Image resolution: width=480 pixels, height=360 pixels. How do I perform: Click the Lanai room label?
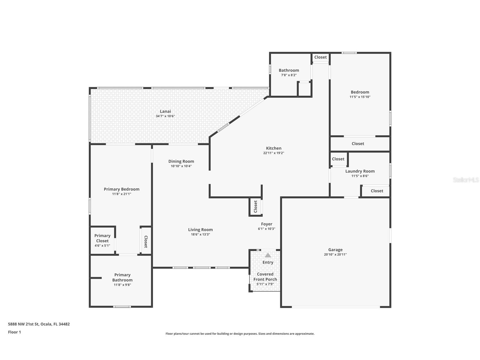[x=165, y=111]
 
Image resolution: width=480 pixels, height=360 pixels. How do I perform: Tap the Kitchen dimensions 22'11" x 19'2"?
[x=274, y=153]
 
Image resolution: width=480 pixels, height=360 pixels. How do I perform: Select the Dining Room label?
[x=181, y=161]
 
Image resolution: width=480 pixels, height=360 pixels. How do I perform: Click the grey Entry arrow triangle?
[x=268, y=255]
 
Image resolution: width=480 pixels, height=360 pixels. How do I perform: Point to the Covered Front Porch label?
[x=265, y=277]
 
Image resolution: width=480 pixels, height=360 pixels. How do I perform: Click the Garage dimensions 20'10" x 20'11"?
[x=335, y=254]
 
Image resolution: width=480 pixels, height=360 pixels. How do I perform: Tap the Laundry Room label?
[x=360, y=171]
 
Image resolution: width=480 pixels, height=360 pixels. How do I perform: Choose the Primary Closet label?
[x=102, y=238]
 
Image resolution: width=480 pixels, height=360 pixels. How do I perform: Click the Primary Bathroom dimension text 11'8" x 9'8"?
[x=122, y=285]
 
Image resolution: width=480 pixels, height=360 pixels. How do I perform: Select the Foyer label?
[x=266, y=224]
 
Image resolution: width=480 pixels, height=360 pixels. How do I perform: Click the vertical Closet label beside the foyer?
[x=255, y=207]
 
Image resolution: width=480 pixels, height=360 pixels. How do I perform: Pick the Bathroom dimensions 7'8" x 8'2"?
[x=289, y=75]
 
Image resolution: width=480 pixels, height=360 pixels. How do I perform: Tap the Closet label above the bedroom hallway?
[x=320, y=57]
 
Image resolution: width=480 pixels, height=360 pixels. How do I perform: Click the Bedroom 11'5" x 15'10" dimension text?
[x=360, y=97]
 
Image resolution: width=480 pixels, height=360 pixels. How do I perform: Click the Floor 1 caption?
[x=14, y=332]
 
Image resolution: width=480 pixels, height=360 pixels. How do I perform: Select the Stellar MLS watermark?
[x=466, y=180]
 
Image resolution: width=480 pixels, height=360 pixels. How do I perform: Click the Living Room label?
[x=200, y=230]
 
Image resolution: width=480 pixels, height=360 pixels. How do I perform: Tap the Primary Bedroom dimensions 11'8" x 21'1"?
[x=121, y=194]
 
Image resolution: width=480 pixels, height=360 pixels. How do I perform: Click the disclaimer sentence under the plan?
[x=240, y=334]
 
